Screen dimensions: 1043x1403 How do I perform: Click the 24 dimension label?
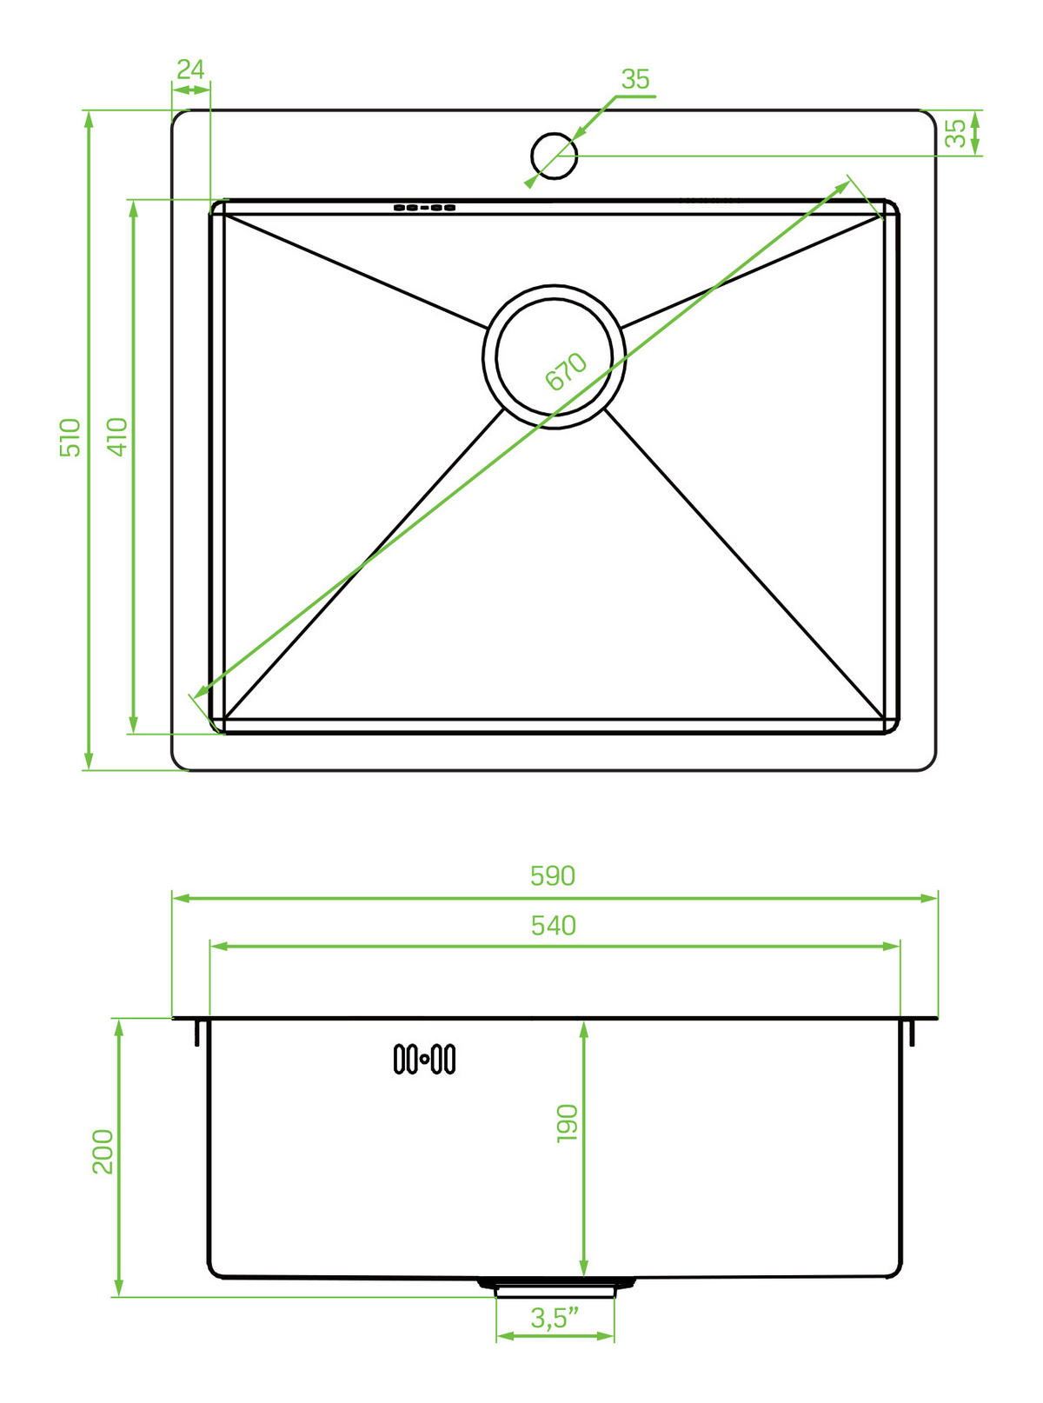pyautogui.click(x=190, y=70)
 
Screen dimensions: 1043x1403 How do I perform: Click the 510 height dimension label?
pyautogui.click(x=70, y=437)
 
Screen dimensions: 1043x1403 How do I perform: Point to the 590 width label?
pyautogui.click(x=553, y=876)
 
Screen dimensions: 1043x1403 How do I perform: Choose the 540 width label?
pyautogui.click(x=554, y=926)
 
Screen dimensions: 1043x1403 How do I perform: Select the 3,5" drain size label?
pyautogui.click(x=555, y=1318)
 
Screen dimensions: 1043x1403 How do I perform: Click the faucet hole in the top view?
pyautogui.click(x=554, y=156)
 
